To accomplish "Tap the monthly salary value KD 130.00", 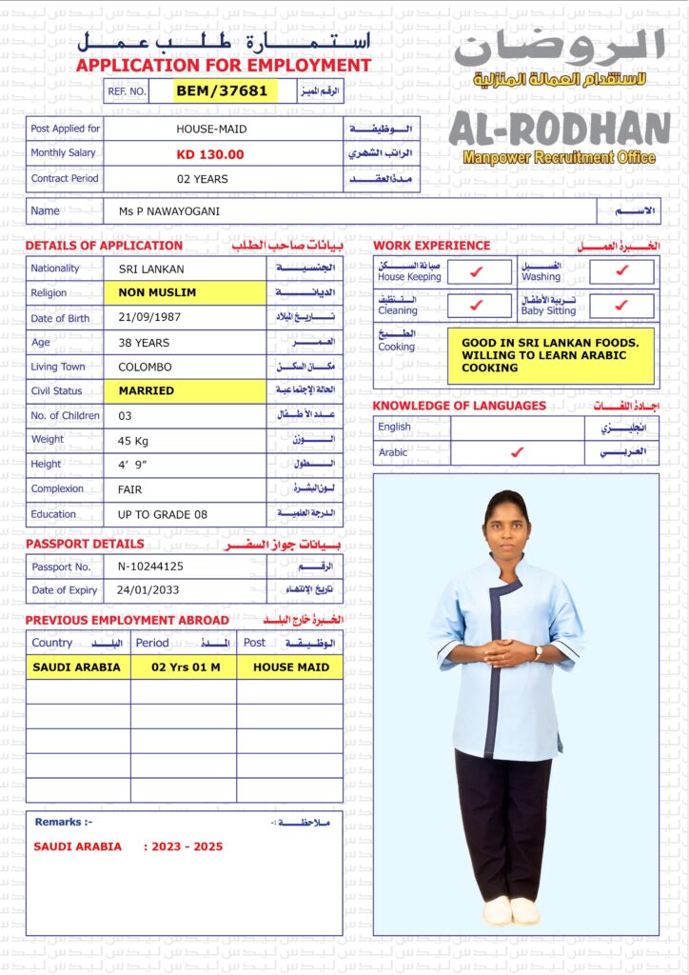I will click(x=210, y=154).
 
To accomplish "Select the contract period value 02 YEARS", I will click(x=203, y=179).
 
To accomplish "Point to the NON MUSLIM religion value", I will click(x=158, y=293).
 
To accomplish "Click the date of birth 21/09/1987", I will click(x=150, y=318).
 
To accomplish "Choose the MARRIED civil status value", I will click(x=147, y=390).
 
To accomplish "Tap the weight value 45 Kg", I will click(x=138, y=440).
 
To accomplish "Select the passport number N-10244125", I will click(x=150, y=567).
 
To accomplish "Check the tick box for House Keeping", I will click(x=478, y=272).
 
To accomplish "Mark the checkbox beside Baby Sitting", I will click(x=621, y=306).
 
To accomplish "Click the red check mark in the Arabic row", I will click(x=517, y=452).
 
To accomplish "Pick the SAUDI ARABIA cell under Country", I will click(x=77, y=667).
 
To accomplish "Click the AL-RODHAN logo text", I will click(x=560, y=129).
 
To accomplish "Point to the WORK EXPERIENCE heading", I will click(x=431, y=246).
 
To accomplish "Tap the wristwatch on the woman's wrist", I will click(x=538, y=653).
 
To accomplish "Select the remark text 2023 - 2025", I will click(x=188, y=846).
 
